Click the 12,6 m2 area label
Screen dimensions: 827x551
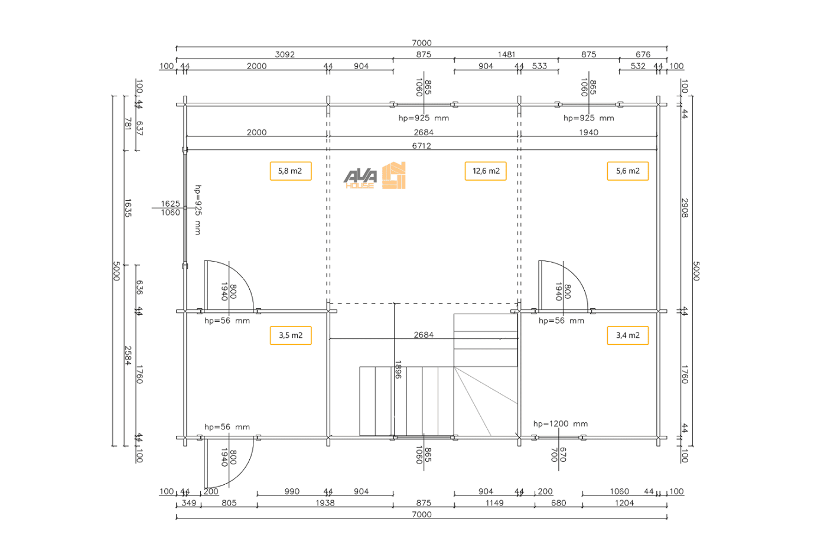(486, 171)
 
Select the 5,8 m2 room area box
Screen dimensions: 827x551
(291, 171)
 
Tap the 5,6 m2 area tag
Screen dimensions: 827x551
(627, 171)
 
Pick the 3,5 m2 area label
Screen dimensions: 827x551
(291, 335)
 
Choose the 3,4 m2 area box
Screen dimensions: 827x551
(627, 335)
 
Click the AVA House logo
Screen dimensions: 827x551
(375, 175)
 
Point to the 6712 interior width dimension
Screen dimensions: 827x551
(421, 146)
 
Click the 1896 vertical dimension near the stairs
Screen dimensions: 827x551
(398, 370)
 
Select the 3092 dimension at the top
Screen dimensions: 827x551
(285, 54)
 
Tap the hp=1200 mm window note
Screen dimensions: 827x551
(561, 423)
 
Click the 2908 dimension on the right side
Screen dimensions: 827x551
(685, 208)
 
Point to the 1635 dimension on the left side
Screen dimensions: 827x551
(128, 208)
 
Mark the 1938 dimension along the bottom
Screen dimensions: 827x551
(325, 503)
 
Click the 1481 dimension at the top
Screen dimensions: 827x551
(506, 54)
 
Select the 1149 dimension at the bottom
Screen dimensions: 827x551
(494, 503)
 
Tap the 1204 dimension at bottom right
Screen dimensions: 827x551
(624, 503)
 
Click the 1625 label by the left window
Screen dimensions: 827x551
(170, 203)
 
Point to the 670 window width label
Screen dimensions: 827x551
(563, 455)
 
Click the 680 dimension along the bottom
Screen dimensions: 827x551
(558, 503)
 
